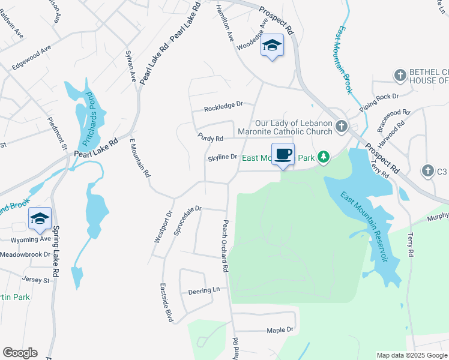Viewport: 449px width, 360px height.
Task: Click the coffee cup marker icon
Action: pos(283,154)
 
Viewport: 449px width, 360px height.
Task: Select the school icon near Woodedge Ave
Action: pos(272,46)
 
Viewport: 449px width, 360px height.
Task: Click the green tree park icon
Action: pos(324,157)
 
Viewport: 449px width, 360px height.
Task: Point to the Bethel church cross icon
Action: pos(400,75)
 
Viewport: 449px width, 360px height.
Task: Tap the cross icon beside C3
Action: pos(427,170)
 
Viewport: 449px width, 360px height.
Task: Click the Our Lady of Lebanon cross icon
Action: pos(342,126)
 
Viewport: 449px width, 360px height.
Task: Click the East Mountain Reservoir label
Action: pos(363,227)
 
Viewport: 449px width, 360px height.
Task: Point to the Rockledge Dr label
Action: pos(223,106)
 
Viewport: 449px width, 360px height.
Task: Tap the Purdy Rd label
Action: pos(211,137)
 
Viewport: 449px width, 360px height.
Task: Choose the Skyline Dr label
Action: pos(223,158)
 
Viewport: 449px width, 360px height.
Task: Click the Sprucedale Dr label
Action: pos(187,220)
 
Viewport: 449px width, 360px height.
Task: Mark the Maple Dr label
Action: pos(280,329)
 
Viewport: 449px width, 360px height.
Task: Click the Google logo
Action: pos(20,353)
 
